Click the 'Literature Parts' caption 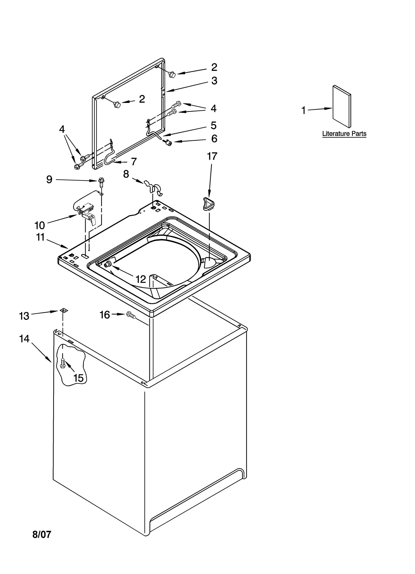click(x=344, y=134)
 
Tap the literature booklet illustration click(x=342, y=107)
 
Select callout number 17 click(x=212, y=156)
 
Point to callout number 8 click(x=126, y=174)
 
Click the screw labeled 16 click(x=131, y=315)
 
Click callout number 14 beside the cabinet click(x=24, y=339)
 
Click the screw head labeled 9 click(x=101, y=180)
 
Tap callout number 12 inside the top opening click(x=141, y=279)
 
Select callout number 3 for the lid click(x=214, y=81)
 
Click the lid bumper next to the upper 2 click(x=172, y=75)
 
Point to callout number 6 click(x=214, y=139)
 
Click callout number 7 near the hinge click(x=134, y=162)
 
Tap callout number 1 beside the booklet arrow click(x=303, y=110)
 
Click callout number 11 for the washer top click(x=40, y=237)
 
